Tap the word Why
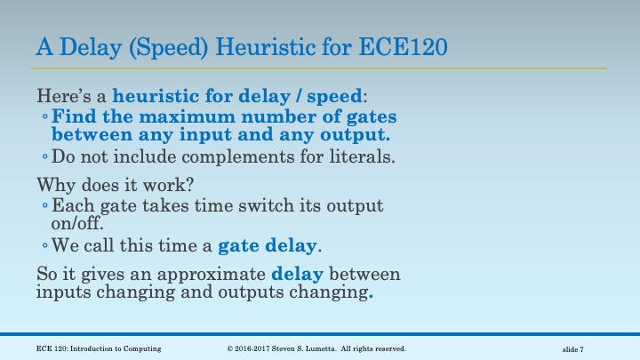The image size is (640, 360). click(52, 186)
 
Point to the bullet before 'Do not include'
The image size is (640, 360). click(45, 158)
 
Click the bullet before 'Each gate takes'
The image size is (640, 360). click(45, 206)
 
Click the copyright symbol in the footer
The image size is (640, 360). click(231, 347)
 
